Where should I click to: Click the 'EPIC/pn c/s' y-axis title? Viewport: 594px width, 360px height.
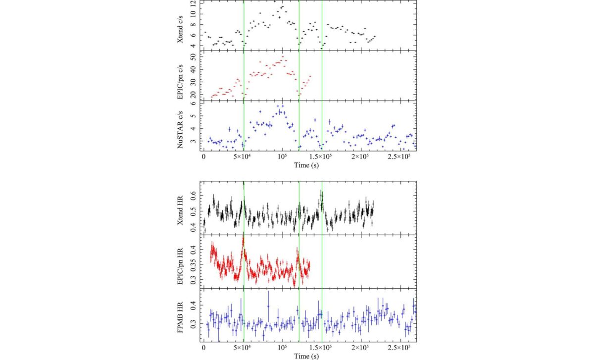pos(182,76)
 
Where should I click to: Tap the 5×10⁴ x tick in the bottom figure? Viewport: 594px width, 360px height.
pos(243,348)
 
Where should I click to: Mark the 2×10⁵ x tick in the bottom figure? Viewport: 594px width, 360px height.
pos(360,348)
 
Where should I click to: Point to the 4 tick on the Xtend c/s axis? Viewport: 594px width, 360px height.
pos(194,46)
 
